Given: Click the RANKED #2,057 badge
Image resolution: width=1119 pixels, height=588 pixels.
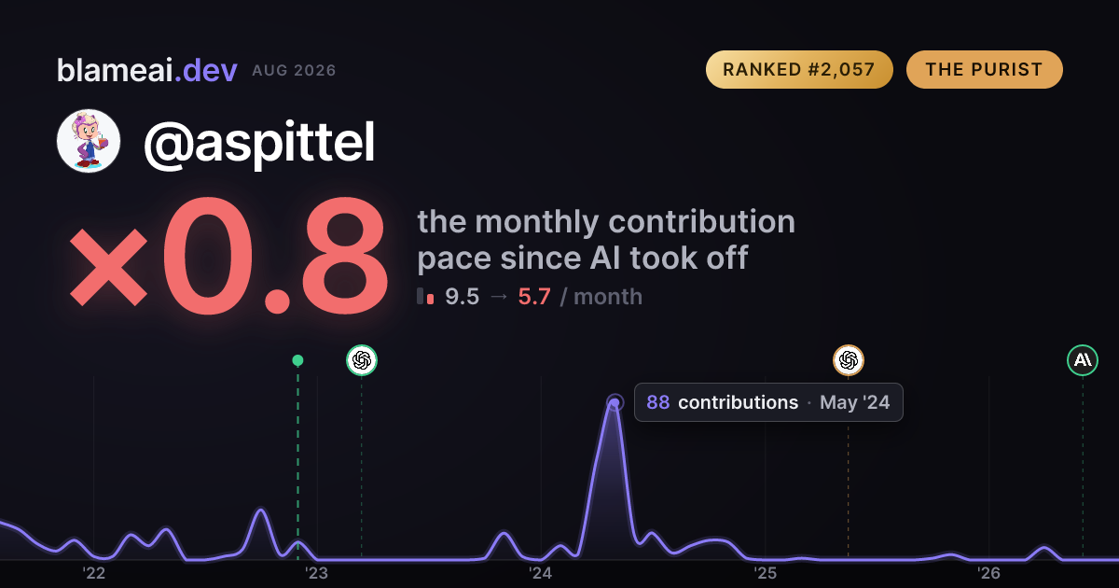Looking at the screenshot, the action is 799,69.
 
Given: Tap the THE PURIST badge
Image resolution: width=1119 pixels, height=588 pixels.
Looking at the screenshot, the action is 985,69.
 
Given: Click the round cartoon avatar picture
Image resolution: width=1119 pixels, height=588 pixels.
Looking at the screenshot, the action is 89,141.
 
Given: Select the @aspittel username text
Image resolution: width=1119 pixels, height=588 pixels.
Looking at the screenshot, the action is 259,143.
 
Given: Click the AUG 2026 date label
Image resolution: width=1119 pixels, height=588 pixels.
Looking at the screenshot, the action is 295,71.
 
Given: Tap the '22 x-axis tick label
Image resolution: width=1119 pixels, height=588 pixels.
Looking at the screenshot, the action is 93,573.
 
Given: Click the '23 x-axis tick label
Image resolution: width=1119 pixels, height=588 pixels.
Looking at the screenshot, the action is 317,573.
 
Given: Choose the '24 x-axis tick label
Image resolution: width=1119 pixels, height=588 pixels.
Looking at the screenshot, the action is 541,573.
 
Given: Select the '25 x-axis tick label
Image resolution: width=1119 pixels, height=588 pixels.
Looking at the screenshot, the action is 765,573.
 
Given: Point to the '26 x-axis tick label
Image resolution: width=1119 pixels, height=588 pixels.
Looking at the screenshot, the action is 988,573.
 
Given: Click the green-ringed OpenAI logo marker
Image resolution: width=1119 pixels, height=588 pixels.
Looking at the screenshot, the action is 362,360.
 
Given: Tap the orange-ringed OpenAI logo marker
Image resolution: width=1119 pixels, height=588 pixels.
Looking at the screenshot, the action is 849,360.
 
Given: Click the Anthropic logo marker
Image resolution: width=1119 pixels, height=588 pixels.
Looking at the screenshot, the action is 1083,360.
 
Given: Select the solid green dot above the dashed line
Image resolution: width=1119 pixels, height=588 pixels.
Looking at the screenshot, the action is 297,360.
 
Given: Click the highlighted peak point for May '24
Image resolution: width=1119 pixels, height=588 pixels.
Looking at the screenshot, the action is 615,402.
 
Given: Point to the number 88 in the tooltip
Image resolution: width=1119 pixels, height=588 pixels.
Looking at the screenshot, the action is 658,402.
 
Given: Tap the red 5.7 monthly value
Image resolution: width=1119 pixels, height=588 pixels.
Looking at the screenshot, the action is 534,297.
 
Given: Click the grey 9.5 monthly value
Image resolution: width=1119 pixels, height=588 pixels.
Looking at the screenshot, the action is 463,297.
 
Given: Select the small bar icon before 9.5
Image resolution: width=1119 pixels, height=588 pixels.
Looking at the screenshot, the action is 425,296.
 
